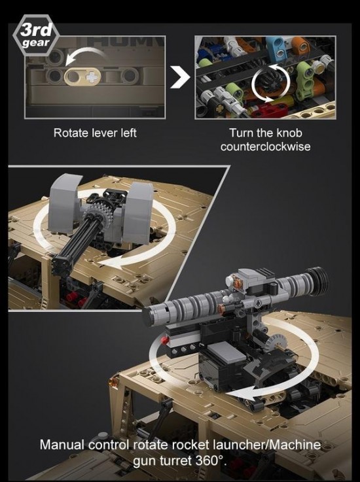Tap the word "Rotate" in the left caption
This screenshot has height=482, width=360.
[x=69, y=133]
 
